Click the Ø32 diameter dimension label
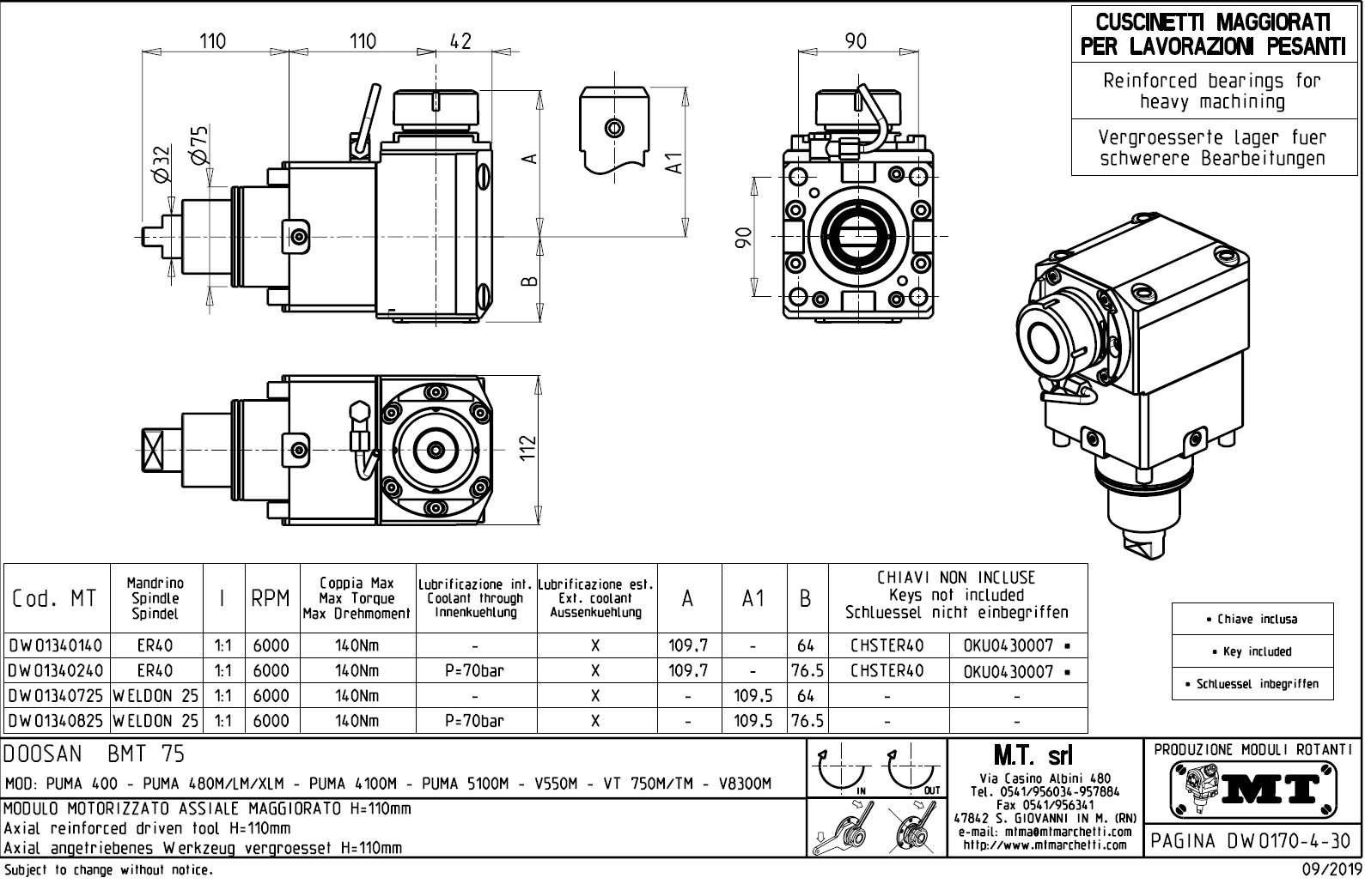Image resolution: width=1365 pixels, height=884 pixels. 161,163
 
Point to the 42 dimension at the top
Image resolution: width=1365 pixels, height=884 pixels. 461,40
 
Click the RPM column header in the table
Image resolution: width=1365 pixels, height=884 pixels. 271,598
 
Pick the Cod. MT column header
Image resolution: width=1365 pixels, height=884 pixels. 55,598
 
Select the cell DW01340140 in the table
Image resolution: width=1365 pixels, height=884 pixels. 56,645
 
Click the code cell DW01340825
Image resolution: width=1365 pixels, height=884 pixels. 56,721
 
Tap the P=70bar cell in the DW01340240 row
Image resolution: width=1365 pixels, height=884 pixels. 475,670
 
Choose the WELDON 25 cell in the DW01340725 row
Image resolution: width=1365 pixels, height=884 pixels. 155,696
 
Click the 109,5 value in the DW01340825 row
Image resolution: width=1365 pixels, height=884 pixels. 753,721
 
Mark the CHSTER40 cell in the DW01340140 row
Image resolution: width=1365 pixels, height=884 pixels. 887,645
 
